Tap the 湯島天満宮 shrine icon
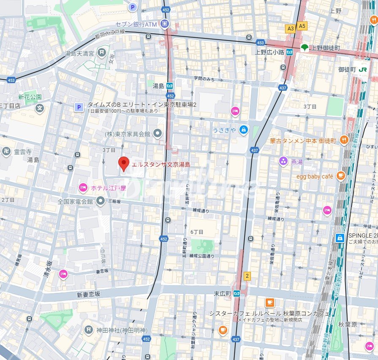(x=102, y=53)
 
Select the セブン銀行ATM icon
(x=165, y=23)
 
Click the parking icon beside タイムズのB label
(x=78, y=108)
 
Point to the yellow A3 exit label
(x=290, y=28)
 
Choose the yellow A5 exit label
(x=302, y=26)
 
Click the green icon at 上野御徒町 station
(x=305, y=47)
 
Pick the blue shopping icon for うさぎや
(x=243, y=130)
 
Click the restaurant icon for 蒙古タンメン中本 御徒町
(x=344, y=140)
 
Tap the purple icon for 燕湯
(x=283, y=160)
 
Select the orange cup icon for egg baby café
(x=340, y=176)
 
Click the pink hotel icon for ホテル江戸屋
(x=83, y=187)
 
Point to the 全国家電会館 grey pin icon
(x=101, y=201)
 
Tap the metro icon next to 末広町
(x=237, y=293)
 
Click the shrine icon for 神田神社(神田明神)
(x=88, y=329)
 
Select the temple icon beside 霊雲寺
(x=6, y=152)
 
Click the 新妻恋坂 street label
(x=88, y=294)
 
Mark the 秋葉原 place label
(x=347, y=324)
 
